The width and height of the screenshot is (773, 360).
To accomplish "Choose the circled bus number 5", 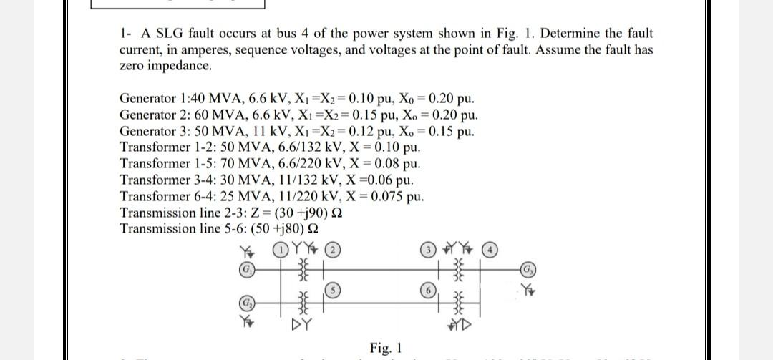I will click(334, 290).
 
